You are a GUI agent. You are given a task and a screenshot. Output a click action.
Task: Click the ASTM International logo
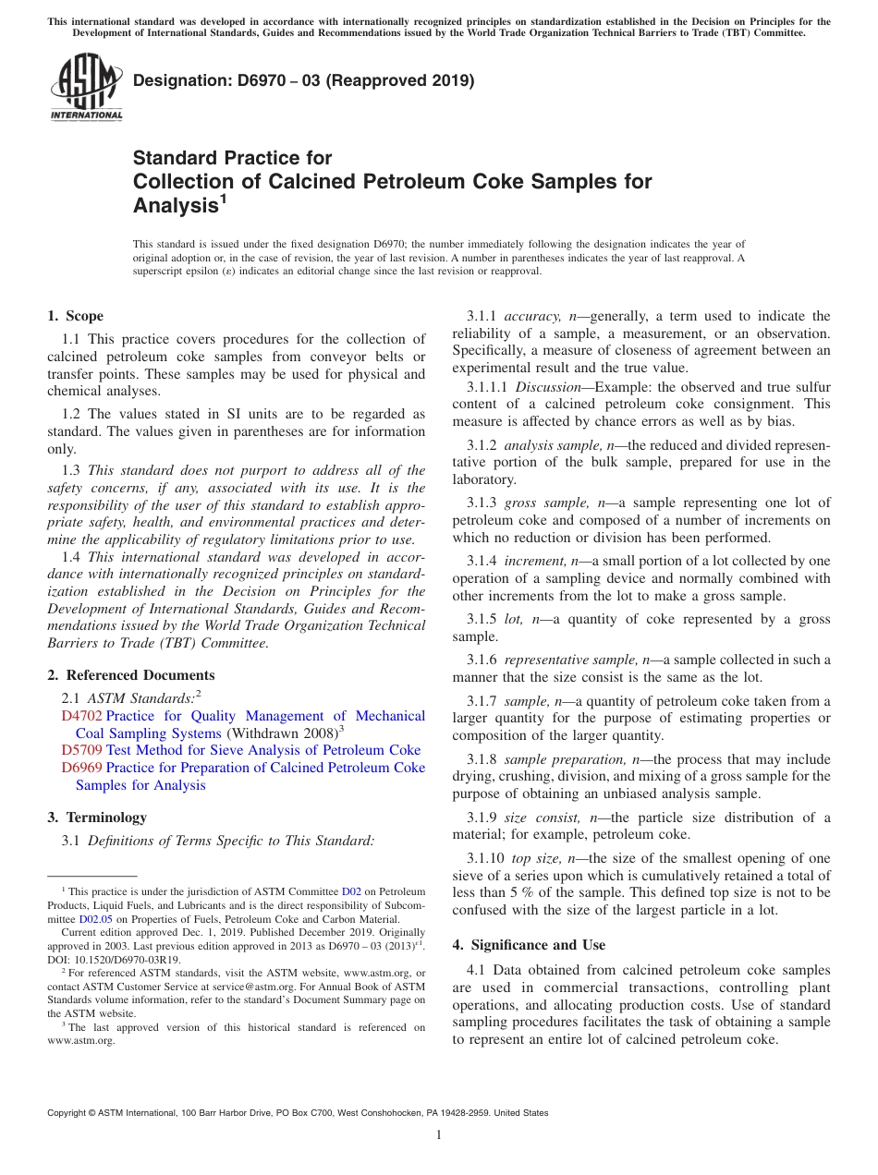tap(85, 88)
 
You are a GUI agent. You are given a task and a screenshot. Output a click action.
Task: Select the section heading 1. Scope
tap(75, 316)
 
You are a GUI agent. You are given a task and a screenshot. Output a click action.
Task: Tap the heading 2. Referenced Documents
tap(130, 675)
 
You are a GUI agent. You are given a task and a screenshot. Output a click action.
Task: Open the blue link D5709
tap(81, 750)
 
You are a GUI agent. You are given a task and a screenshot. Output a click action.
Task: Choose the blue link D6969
tap(81, 768)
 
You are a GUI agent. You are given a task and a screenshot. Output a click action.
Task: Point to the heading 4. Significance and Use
tap(529, 945)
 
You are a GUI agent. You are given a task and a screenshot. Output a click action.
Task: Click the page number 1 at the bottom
tap(439, 1134)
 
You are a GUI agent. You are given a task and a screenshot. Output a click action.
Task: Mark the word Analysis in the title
tap(175, 206)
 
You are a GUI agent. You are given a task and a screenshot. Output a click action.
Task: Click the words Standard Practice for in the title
tap(232, 157)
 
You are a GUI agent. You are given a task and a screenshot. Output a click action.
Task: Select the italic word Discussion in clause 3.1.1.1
tap(551, 387)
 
